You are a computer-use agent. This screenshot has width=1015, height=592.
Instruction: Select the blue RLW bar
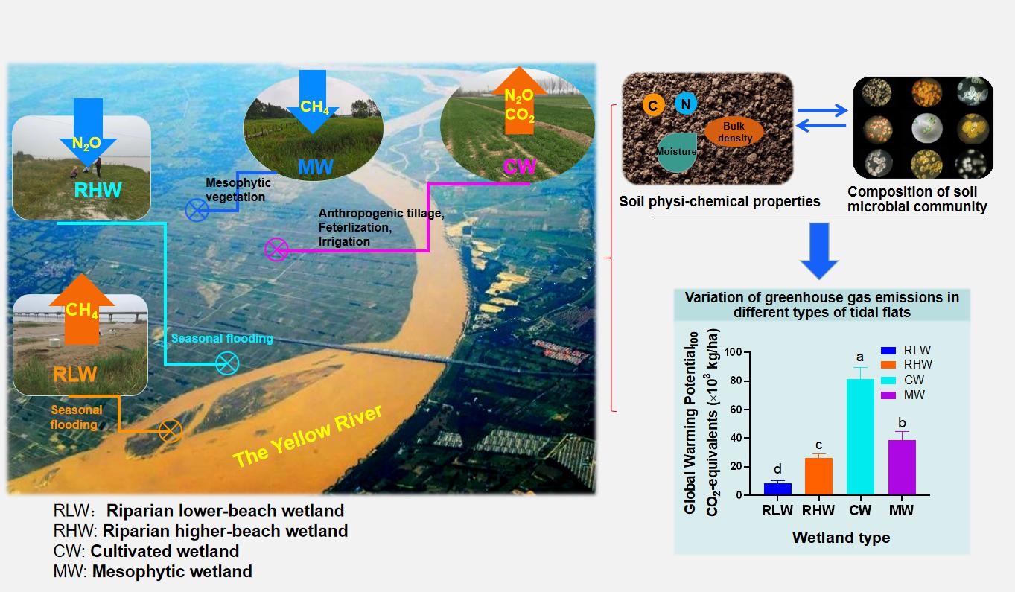pos(777,488)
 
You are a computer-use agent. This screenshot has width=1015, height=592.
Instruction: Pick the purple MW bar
pos(902,467)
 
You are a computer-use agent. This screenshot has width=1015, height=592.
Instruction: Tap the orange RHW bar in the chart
pos(818,477)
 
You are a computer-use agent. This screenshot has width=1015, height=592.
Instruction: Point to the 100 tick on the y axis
pos(733,352)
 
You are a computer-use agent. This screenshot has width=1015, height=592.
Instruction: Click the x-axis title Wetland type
pos(841,537)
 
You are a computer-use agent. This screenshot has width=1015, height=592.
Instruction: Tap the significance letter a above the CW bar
pos(860,357)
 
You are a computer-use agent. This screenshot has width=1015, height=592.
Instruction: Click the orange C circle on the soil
pos(652,106)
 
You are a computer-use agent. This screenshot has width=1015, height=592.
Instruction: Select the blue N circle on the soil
pos(686,104)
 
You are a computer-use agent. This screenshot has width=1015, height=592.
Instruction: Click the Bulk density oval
pos(734,133)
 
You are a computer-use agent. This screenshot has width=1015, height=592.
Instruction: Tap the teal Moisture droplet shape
pos(676,152)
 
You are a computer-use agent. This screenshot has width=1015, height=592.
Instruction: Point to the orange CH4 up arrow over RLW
pos(81,309)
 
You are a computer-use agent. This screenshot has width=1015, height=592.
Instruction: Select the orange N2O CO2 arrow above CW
pos(520,102)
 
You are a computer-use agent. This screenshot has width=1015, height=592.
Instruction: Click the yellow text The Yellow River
pos(308,436)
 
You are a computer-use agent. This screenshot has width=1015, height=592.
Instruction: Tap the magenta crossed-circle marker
pos(276,249)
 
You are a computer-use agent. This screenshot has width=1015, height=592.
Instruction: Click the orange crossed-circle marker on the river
pos(171,430)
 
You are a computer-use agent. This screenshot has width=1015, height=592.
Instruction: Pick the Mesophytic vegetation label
pos(238,190)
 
